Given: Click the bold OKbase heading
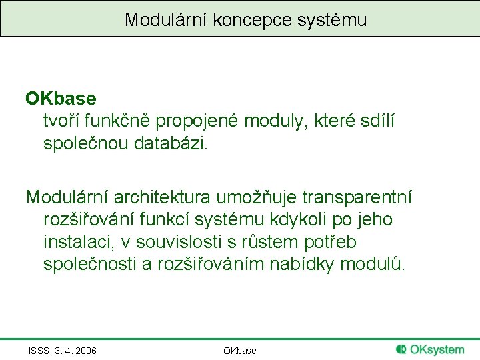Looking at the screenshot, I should [x=61, y=99].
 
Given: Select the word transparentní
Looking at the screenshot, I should [x=357, y=197].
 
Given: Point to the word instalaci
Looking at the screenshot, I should [x=75, y=241].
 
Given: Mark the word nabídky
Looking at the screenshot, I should [x=303, y=263].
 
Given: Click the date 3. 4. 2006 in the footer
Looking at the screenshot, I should [x=75, y=351].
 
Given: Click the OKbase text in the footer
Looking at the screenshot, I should [x=240, y=351].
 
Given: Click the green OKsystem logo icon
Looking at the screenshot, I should [x=401, y=349].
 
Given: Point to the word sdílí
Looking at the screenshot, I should [x=379, y=121].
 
